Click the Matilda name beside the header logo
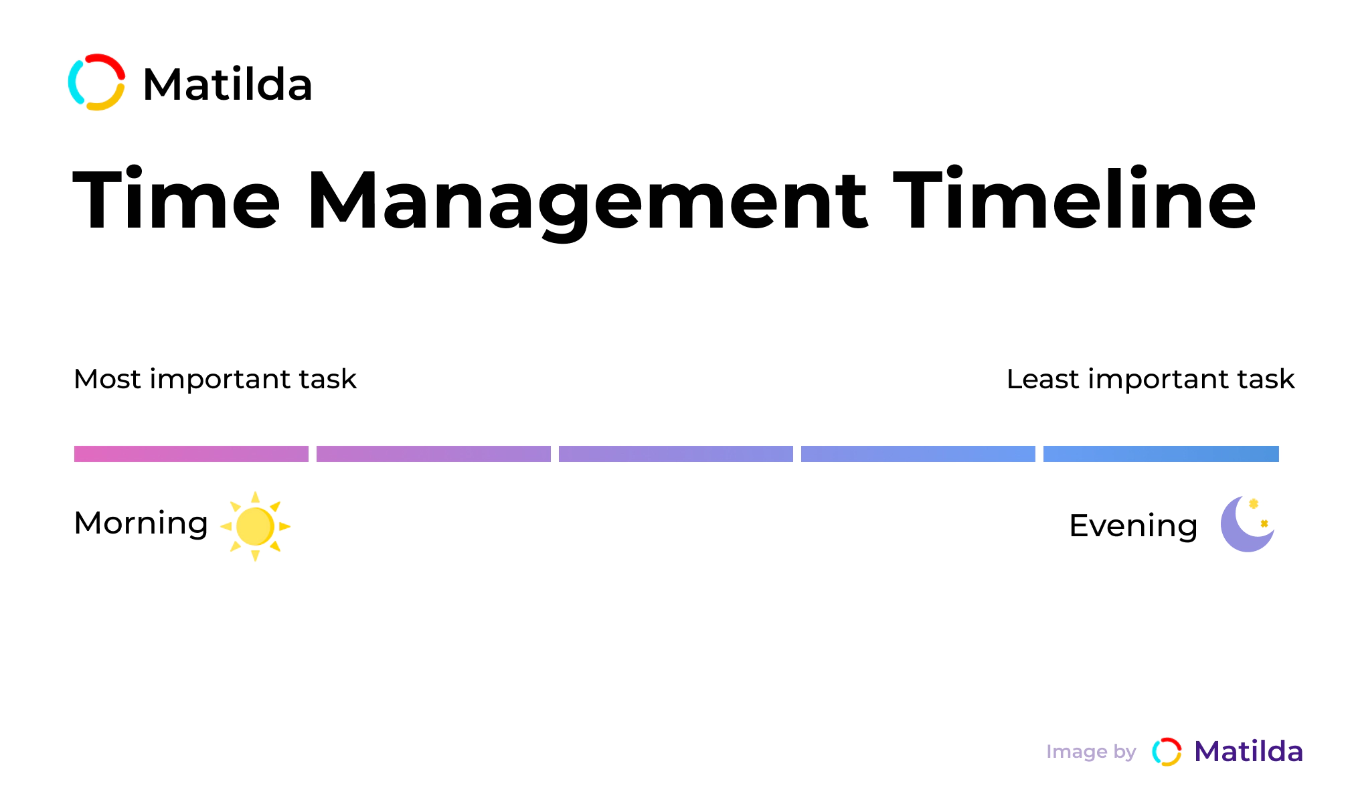pos(228,84)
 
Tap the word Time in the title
pos(176,199)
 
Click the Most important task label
pos(215,379)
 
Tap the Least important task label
pos(1151,379)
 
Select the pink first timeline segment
pos(191,454)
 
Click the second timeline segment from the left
pos(434,454)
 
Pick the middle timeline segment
pos(676,454)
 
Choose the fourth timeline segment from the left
pos(918,454)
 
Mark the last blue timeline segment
pos(1161,454)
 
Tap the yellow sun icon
pos(255,526)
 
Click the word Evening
pos(1133,526)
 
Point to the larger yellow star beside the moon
pos(1254,503)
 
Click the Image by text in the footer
pos(1091,752)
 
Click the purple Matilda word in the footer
pos(1249,752)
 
